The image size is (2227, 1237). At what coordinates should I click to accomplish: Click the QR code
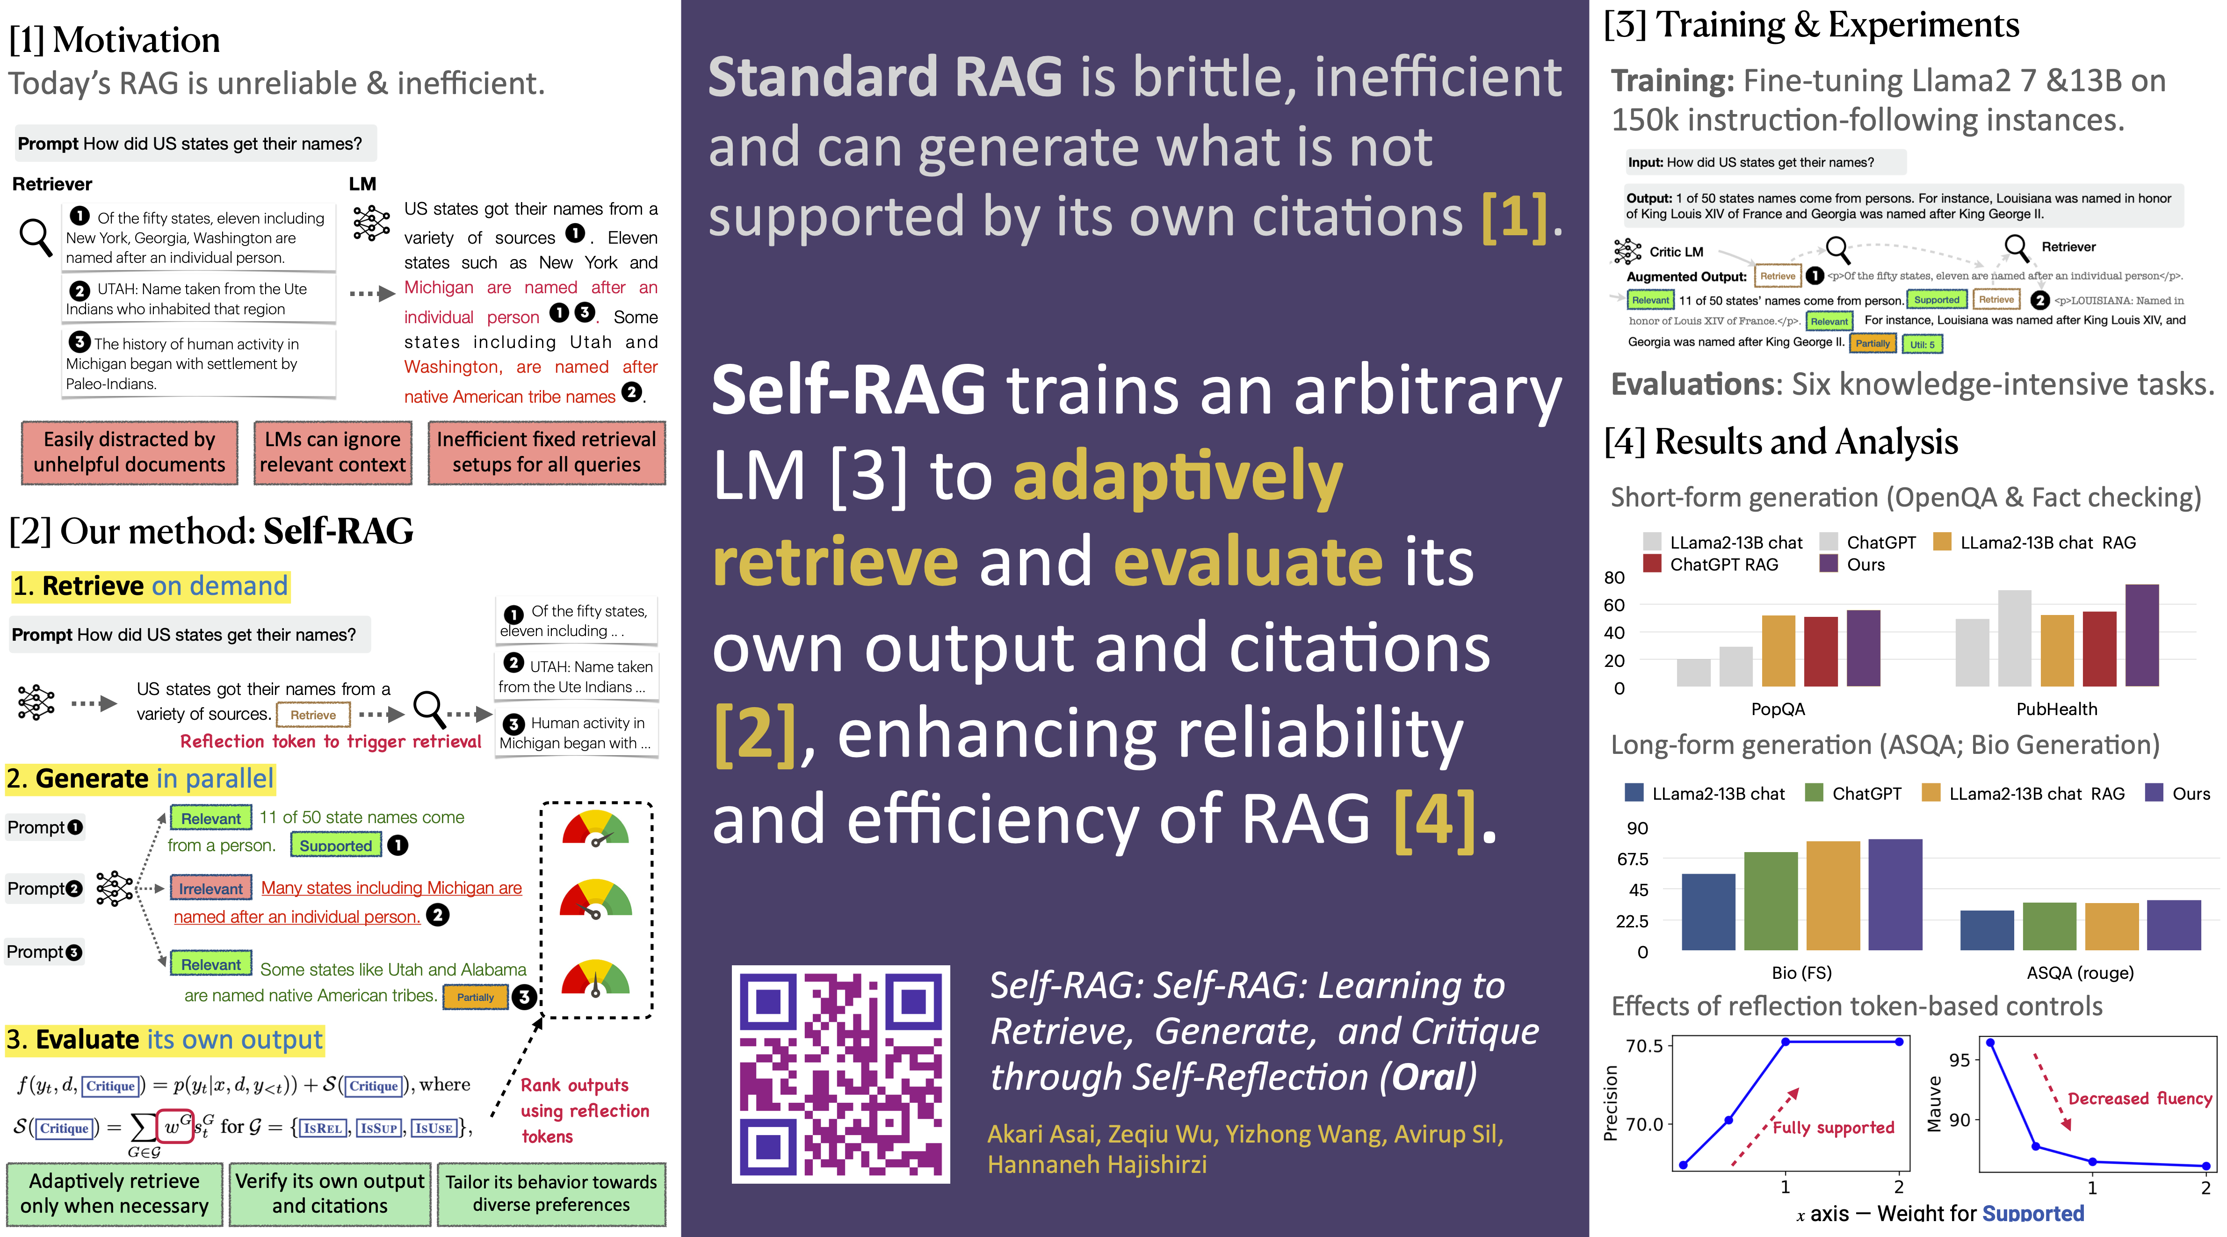tap(840, 1074)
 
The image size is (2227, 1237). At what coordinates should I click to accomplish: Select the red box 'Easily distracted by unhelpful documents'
tap(130, 452)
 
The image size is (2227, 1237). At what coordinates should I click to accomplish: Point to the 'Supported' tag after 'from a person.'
tap(335, 846)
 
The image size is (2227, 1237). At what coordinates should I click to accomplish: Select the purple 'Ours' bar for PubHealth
tap(2141, 636)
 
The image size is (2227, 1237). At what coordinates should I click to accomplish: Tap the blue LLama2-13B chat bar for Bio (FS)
tap(1707, 912)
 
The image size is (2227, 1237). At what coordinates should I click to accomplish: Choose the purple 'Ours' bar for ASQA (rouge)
tap(2173, 925)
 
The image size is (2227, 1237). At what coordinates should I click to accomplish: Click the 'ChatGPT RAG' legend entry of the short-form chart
tap(1723, 564)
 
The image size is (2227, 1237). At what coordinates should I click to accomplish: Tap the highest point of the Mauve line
tap(1990, 1042)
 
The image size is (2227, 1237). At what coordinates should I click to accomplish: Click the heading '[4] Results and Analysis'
tap(1781, 442)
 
